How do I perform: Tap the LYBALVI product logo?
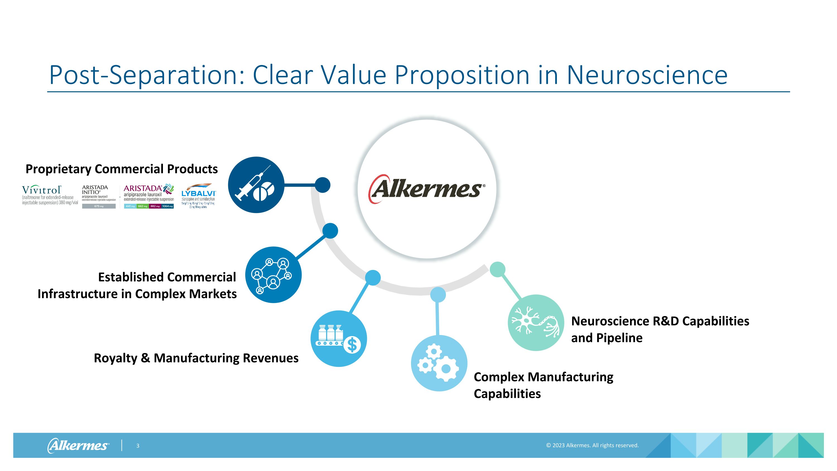click(198, 195)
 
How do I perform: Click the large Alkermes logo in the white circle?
click(427, 189)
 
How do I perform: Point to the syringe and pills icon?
click(256, 185)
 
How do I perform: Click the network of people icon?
click(273, 275)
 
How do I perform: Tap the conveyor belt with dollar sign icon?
click(339, 339)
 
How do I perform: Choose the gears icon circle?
click(439, 363)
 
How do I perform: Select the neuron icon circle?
click(536, 322)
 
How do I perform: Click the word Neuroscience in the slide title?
click(647, 75)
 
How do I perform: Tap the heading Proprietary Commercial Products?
click(122, 169)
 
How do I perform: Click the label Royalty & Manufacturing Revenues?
click(196, 358)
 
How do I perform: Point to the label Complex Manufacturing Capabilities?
click(543, 385)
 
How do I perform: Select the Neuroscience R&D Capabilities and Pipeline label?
click(660, 329)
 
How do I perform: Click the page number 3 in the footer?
click(138, 446)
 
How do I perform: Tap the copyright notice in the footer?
click(592, 445)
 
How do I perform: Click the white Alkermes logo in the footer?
click(78, 445)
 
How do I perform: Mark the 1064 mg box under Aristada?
click(168, 206)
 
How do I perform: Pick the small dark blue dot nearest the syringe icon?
click(322, 185)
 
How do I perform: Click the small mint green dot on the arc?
click(497, 269)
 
